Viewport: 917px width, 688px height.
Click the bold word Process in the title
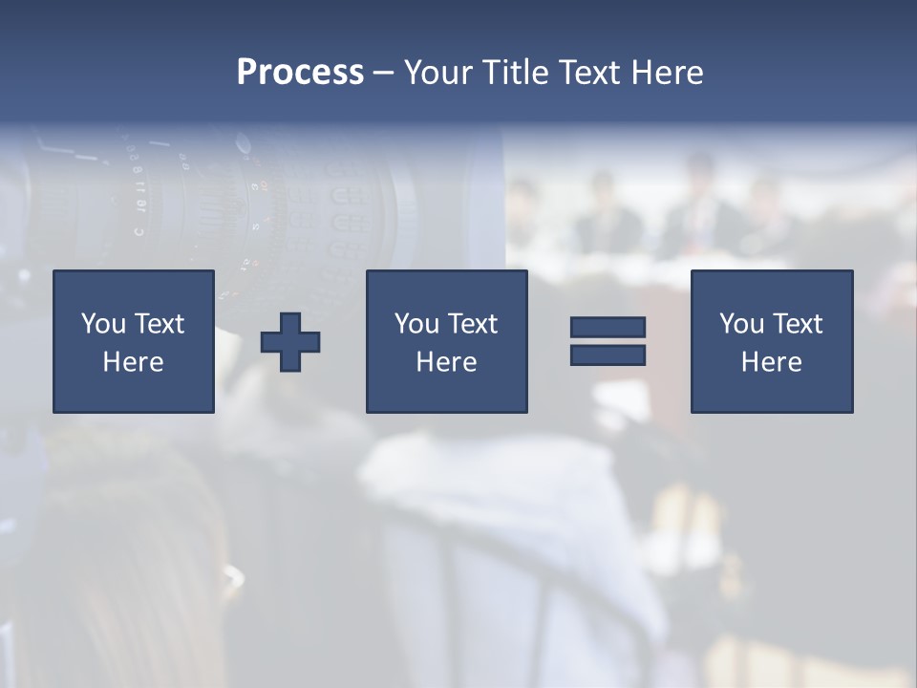click(x=300, y=73)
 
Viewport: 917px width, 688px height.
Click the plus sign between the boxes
click(x=290, y=342)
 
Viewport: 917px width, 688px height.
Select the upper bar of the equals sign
click(x=608, y=327)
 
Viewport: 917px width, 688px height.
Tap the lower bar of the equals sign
click(x=608, y=355)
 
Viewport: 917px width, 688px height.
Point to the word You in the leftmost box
click(x=103, y=324)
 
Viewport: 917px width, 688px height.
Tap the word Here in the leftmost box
click(x=133, y=362)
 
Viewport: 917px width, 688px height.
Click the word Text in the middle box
click(x=472, y=324)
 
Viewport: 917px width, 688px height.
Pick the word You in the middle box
click(x=416, y=324)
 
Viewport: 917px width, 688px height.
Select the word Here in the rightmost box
click(x=771, y=362)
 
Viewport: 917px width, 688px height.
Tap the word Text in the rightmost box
click(x=797, y=324)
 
